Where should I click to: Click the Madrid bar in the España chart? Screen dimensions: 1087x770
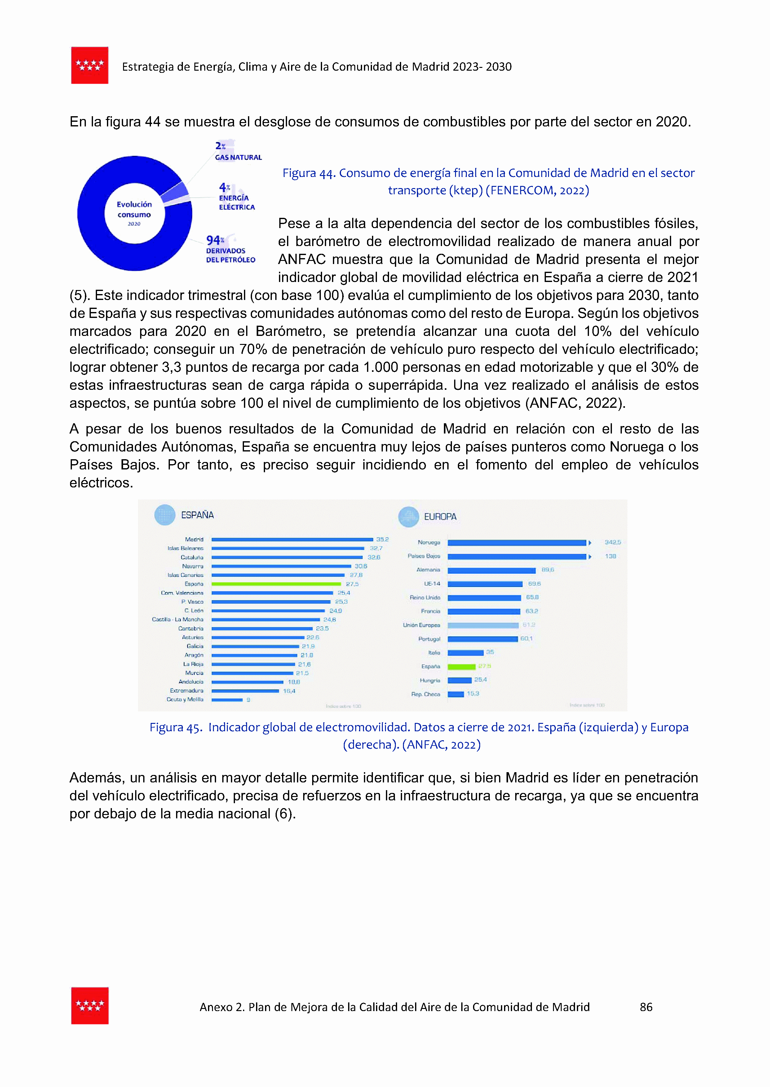[292, 539]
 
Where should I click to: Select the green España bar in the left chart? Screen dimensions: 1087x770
[276, 584]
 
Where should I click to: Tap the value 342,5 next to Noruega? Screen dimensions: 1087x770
[612, 542]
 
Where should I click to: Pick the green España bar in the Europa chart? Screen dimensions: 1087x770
[461, 667]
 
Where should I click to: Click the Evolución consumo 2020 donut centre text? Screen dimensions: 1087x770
[134, 213]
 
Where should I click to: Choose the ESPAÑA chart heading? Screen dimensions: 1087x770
[197, 515]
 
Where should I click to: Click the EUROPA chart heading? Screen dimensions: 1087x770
[440, 517]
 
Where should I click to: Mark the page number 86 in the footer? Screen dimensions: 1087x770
[646, 1007]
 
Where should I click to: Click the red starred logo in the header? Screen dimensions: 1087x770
[90, 65]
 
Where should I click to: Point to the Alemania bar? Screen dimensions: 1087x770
[491, 570]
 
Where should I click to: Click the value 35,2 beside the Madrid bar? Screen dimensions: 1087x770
[382, 539]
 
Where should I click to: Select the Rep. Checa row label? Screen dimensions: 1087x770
[425, 694]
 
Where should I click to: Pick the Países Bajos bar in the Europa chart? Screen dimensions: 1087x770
[517, 556]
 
